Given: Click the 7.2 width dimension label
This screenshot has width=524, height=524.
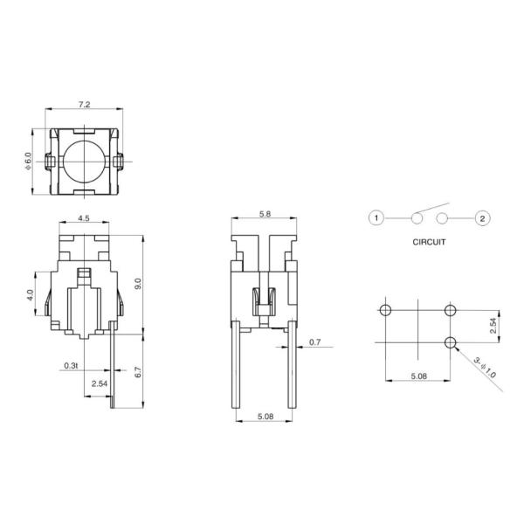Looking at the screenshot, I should point(84,105).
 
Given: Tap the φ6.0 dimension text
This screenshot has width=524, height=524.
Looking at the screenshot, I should point(28,161).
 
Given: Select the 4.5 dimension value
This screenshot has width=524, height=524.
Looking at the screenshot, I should point(83,217).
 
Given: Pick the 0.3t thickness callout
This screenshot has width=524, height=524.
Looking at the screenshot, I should point(71,364).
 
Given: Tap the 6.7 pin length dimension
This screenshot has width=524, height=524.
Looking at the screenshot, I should point(137,373).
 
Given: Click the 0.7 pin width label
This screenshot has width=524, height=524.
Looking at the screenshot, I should point(314,342).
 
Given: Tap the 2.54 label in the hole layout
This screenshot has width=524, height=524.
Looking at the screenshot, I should point(492,326).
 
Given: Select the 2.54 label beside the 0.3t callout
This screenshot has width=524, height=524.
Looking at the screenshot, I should point(100,383).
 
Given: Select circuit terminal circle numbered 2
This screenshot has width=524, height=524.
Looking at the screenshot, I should point(481,217).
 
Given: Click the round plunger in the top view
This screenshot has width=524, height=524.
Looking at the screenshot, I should point(84,162).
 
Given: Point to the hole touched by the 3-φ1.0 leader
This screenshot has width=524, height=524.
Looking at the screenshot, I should point(451,341).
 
